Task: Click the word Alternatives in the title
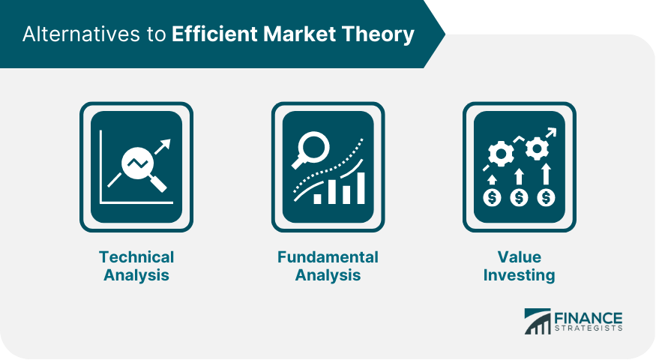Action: (82, 34)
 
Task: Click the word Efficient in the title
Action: (214, 34)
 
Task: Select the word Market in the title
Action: (300, 34)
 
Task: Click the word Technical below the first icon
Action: (136, 257)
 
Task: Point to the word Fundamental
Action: (328, 257)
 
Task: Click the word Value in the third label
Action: (520, 257)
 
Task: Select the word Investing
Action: (520, 275)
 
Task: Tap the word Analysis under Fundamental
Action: (328, 275)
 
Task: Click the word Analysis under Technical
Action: (136, 275)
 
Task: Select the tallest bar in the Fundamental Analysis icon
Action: (361, 188)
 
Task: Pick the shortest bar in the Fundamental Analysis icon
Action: (318, 199)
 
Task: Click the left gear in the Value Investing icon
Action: (501, 154)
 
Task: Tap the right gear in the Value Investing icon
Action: (537, 148)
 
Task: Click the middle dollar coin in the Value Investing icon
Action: (520, 197)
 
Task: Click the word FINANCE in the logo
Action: (589, 319)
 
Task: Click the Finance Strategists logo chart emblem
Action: (538, 322)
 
